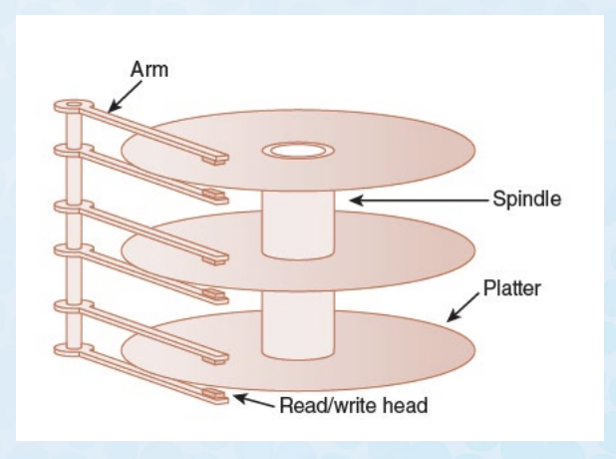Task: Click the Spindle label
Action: click(526, 199)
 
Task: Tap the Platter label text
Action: click(511, 288)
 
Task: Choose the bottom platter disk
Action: click(399, 349)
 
